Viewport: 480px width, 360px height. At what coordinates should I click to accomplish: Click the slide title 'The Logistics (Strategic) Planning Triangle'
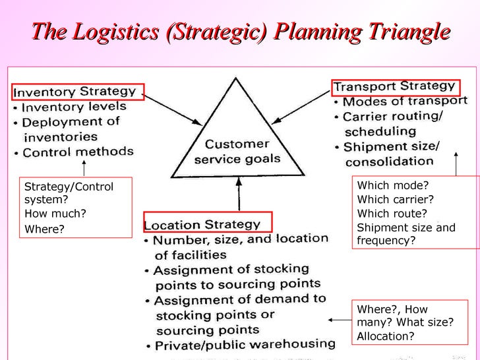click(240, 30)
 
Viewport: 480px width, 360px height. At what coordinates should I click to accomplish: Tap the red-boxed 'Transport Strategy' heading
click(394, 86)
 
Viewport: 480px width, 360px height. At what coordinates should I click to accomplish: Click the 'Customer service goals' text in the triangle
click(234, 152)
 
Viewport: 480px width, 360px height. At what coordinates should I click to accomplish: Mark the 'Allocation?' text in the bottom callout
click(386, 336)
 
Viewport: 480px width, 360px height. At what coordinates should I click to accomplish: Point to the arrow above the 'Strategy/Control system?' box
click(83, 168)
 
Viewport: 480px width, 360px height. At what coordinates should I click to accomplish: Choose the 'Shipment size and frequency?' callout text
click(405, 234)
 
